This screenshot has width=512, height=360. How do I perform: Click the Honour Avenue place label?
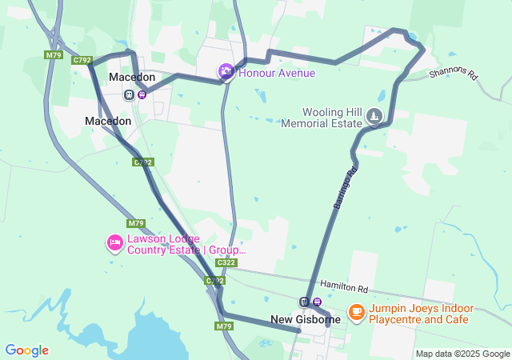[277, 73]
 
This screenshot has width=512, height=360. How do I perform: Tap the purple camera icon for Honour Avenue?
[226, 73]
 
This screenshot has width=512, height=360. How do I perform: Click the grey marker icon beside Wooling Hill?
[374, 118]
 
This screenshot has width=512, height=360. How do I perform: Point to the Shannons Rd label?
[453, 74]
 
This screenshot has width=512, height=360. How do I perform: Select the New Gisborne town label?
[305, 320]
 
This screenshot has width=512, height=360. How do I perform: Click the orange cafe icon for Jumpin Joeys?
[356, 314]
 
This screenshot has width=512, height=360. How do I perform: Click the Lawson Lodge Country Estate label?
[186, 244]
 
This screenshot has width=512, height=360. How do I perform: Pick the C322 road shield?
[226, 262]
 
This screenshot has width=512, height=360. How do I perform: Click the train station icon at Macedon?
[128, 94]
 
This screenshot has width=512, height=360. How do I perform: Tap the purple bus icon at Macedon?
[142, 94]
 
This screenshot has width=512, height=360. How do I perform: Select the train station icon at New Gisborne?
[304, 302]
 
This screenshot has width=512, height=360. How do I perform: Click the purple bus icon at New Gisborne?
[318, 302]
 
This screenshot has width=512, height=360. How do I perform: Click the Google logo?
[26, 350]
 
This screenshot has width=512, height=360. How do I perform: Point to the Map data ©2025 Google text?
[462, 354]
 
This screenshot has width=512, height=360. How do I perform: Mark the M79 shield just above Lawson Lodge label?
[135, 223]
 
